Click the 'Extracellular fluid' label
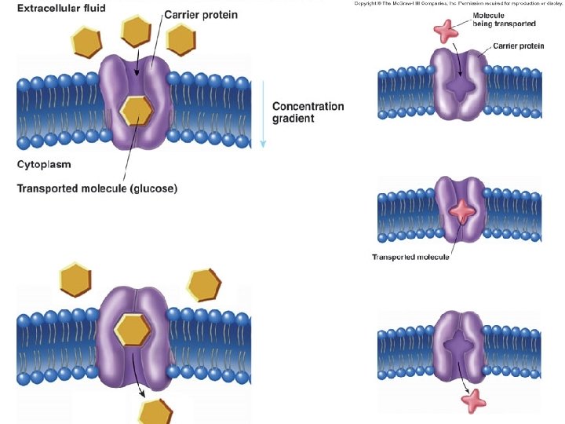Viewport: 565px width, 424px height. [x=61, y=8]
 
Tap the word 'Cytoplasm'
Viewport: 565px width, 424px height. [x=45, y=164]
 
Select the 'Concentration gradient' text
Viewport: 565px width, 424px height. [x=308, y=112]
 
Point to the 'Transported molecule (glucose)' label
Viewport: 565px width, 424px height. [x=97, y=188]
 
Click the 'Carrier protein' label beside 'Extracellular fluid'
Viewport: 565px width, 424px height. [x=200, y=15]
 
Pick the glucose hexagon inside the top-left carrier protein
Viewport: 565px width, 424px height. [x=137, y=111]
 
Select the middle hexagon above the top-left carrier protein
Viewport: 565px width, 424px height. [x=137, y=31]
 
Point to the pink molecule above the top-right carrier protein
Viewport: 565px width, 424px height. [x=444, y=31]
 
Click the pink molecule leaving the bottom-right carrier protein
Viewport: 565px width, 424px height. [x=473, y=400]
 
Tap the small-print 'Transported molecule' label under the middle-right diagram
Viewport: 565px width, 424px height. [x=410, y=258]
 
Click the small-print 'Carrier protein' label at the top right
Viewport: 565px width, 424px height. [x=519, y=46]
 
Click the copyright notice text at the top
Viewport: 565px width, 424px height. [x=458, y=4]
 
